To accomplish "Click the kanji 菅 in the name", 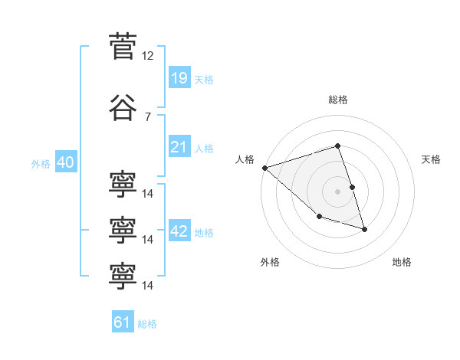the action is tap(123, 46).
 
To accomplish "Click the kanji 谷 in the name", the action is tap(123, 107).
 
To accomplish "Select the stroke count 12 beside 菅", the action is tap(147, 56).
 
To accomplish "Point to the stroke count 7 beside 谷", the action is tap(148, 116).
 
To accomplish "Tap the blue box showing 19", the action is tap(179, 77).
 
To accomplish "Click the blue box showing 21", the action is tap(179, 146).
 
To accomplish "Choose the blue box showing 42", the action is tap(179, 230).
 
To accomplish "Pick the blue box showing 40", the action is tap(66, 162).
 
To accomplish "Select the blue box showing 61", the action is tap(123, 321).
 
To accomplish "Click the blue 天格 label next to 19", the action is tap(204, 80).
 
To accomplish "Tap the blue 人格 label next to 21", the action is tap(204, 149).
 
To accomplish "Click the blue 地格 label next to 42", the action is tap(204, 233).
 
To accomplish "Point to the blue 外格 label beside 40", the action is tap(41, 164).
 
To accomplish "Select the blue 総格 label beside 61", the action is tap(147, 324).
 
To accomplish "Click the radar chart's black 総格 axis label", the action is tap(338, 100).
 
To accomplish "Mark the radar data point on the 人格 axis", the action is tap(265, 168).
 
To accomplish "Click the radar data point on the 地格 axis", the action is tap(364, 229).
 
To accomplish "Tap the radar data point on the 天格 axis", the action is tap(353, 187).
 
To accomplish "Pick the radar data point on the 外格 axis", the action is tap(320, 216).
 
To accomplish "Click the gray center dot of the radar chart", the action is tap(337, 191).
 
